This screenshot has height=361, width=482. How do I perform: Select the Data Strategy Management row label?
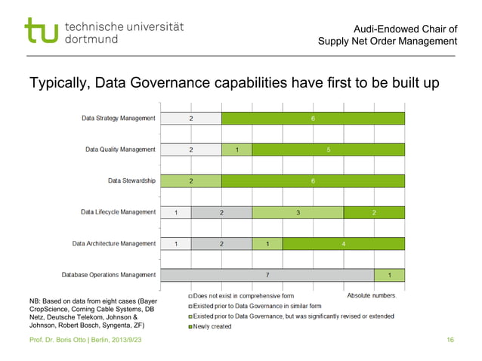[x=119, y=119]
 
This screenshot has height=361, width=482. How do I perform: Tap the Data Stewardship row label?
[x=132, y=180]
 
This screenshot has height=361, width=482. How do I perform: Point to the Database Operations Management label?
[x=109, y=275]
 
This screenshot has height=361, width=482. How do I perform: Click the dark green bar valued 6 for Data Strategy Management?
[x=313, y=119]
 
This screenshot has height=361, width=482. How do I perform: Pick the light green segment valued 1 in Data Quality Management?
[x=236, y=150]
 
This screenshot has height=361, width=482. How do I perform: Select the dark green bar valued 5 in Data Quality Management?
[x=328, y=150]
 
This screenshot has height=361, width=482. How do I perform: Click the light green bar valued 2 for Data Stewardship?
[x=191, y=181]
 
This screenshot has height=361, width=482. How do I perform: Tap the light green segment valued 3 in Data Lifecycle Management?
[x=298, y=212]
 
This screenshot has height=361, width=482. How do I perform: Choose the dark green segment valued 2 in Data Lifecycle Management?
[x=374, y=212]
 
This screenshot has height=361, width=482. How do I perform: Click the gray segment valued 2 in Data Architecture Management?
[x=221, y=244]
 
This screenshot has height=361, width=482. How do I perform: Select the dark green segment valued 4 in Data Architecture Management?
[x=343, y=244]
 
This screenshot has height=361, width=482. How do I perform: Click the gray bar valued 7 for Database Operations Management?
[x=267, y=275]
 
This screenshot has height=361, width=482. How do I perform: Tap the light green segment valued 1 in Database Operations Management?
[x=389, y=275]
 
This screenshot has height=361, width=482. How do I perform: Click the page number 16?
[x=450, y=342]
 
